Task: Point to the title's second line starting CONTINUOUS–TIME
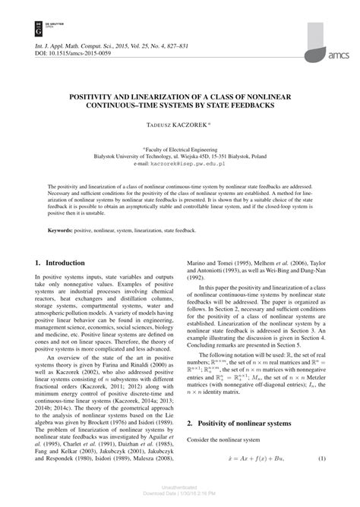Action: coord(180,106)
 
